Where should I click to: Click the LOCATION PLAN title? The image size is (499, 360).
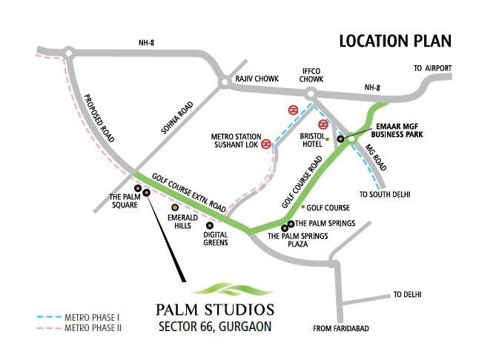pos(395,40)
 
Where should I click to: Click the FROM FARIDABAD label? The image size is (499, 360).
pos(341,328)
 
